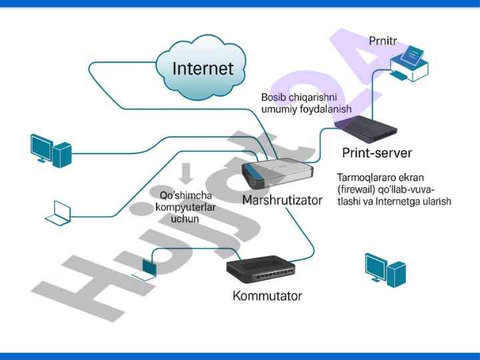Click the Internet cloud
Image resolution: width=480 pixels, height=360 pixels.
point(203,67)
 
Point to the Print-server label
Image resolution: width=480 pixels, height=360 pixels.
point(377,153)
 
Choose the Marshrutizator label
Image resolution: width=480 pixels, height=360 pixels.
point(282,200)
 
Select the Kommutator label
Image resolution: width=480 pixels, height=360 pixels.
point(267,295)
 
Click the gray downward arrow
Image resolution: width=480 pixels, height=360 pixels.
point(186,173)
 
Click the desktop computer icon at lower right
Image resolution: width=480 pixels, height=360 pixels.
point(385,269)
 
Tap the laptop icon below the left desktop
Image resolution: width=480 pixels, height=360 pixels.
point(58,211)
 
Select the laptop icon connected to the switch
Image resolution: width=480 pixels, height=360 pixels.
point(146,268)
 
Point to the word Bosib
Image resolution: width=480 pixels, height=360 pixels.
point(275,97)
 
